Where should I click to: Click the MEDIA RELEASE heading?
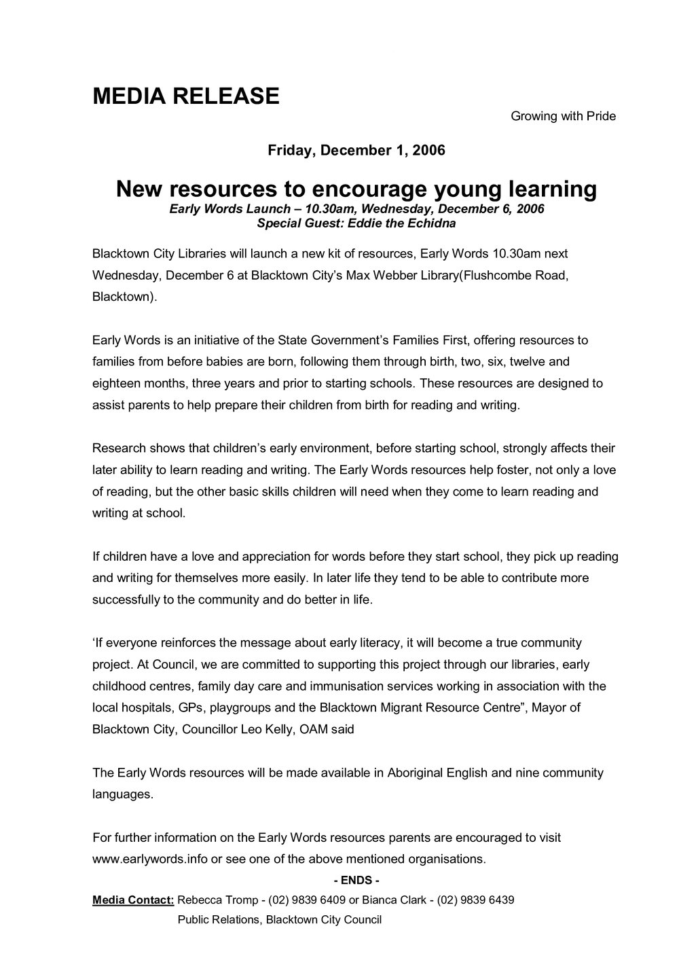tap(185, 96)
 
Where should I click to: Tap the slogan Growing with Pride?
tap(563, 116)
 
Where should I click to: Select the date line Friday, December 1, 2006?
tap(356, 150)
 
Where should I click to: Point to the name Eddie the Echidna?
tap(404, 222)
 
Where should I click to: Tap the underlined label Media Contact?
tap(133, 900)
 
